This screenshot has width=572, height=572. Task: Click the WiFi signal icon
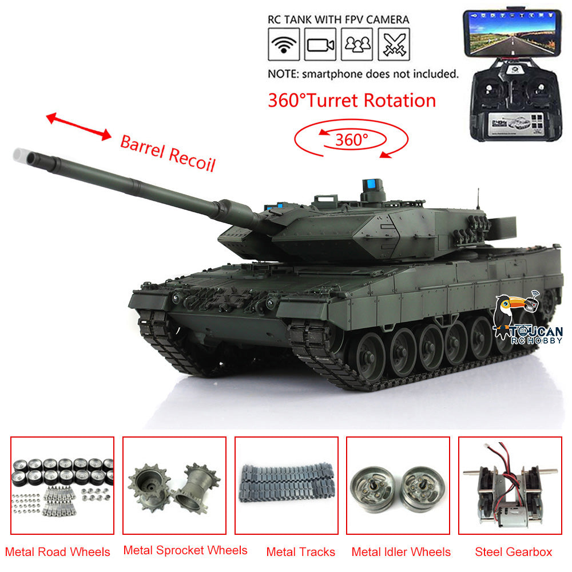[284, 45]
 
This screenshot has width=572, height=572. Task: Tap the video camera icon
[320, 45]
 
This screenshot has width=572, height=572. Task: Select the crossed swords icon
[394, 45]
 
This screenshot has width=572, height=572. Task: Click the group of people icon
[357, 45]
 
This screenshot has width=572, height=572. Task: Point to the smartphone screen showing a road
[512, 33]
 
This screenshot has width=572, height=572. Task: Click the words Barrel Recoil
[168, 153]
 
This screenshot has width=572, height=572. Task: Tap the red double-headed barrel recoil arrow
[78, 126]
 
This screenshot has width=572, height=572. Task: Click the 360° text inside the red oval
[352, 140]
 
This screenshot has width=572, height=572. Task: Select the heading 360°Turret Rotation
[352, 100]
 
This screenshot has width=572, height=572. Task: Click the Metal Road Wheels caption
[58, 552]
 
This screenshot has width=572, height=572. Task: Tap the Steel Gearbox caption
[513, 552]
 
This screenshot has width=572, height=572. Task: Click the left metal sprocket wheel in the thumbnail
[150, 487]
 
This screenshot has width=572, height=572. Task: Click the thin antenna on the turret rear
[478, 200]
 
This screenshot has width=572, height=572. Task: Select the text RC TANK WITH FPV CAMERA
[339, 19]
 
